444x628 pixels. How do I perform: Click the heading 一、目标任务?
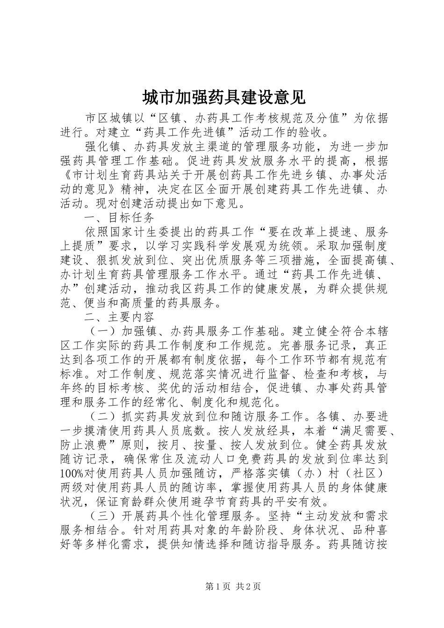coord(119,218)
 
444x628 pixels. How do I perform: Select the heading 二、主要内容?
coord(119,317)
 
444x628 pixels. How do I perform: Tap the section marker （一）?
coord(100,332)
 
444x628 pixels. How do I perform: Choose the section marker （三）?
coord(100,516)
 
